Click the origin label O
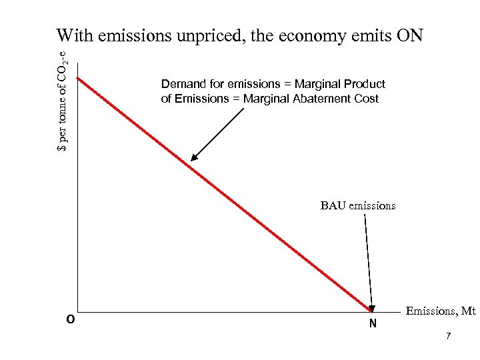70,319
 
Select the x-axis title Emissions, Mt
440,311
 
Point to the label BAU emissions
357,205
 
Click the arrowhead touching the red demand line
193,159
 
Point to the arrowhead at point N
372,308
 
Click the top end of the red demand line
78,79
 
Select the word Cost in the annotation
367,99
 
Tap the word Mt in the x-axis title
468,311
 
